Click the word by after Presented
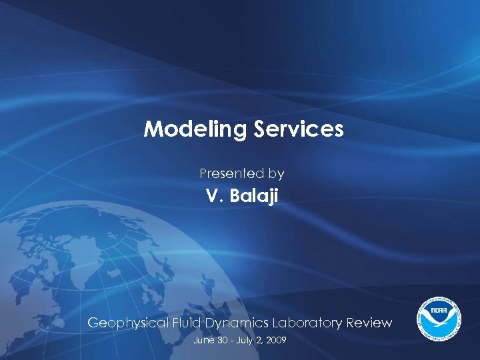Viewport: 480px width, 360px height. [x=276, y=175]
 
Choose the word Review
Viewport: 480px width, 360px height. [x=368, y=323]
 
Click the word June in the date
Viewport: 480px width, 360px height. [x=202, y=340]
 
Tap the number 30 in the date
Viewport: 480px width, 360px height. [x=221, y=340]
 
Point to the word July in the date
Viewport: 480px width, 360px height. [x=243, y=340]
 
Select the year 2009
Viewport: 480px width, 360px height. [x=275, y=340]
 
